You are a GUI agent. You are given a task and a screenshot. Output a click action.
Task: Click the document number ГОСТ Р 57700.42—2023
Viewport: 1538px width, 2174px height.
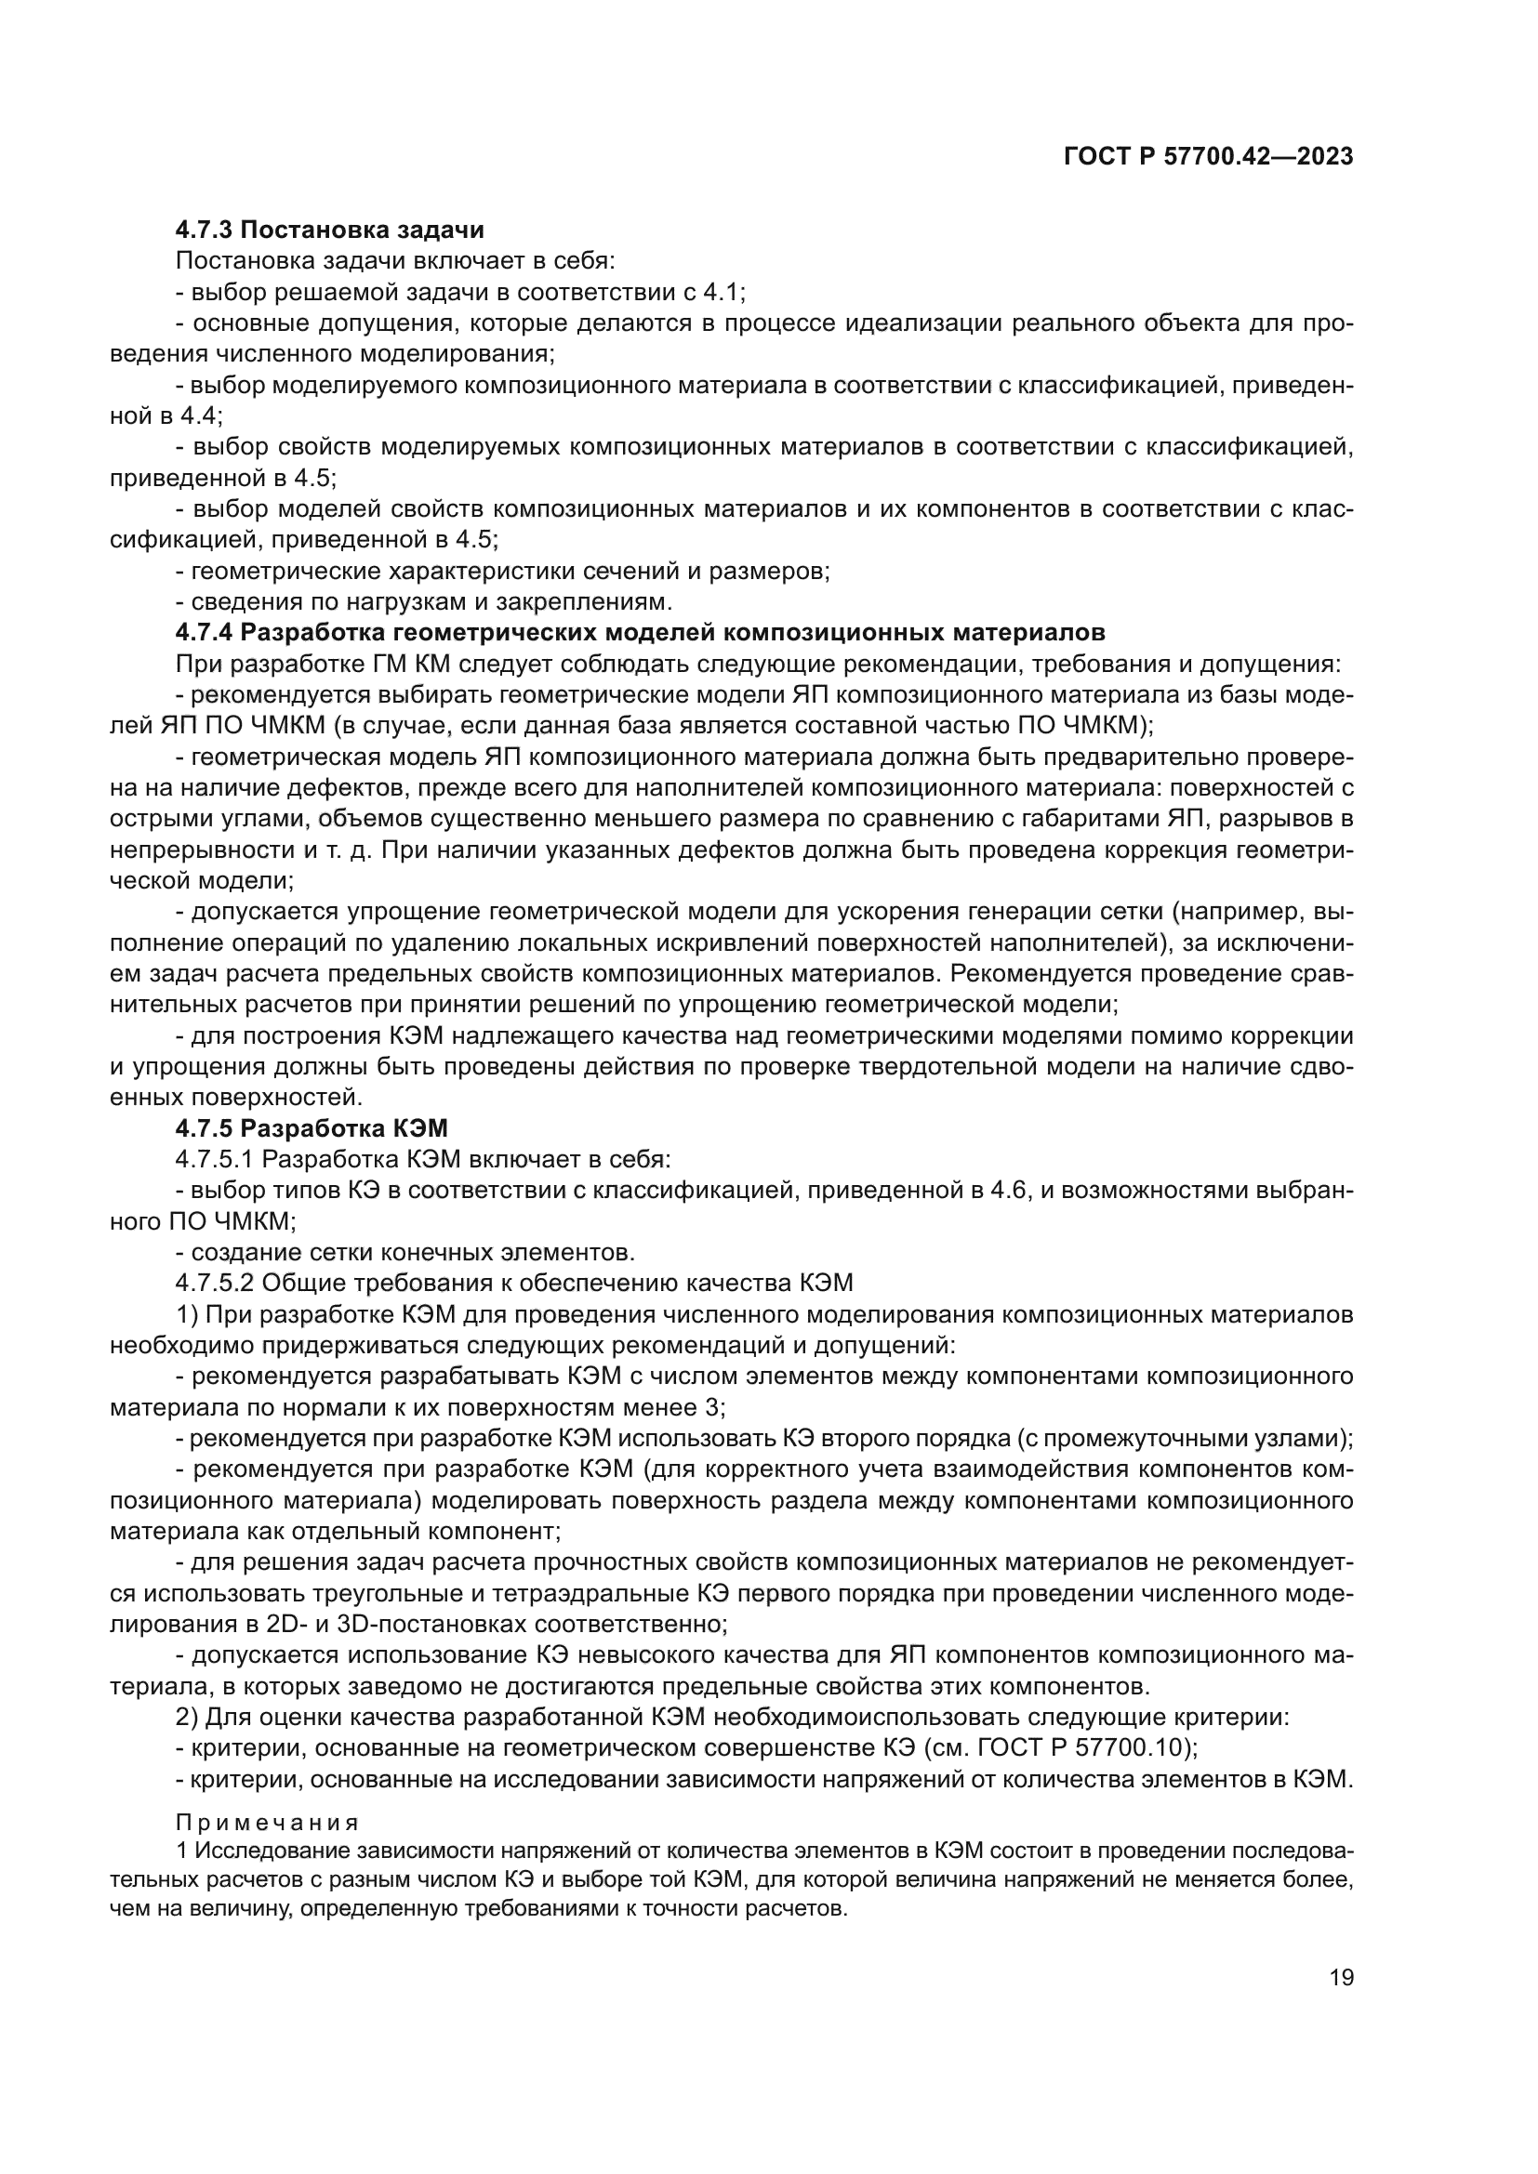coord(1209,156)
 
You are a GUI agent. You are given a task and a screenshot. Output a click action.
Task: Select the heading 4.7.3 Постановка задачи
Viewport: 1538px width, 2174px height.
coord(329,231)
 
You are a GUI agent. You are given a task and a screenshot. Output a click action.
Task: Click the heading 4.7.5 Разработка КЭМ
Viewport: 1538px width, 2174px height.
coord(312,1127)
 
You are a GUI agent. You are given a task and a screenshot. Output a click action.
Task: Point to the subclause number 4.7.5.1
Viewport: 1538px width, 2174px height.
coord(211,1159)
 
